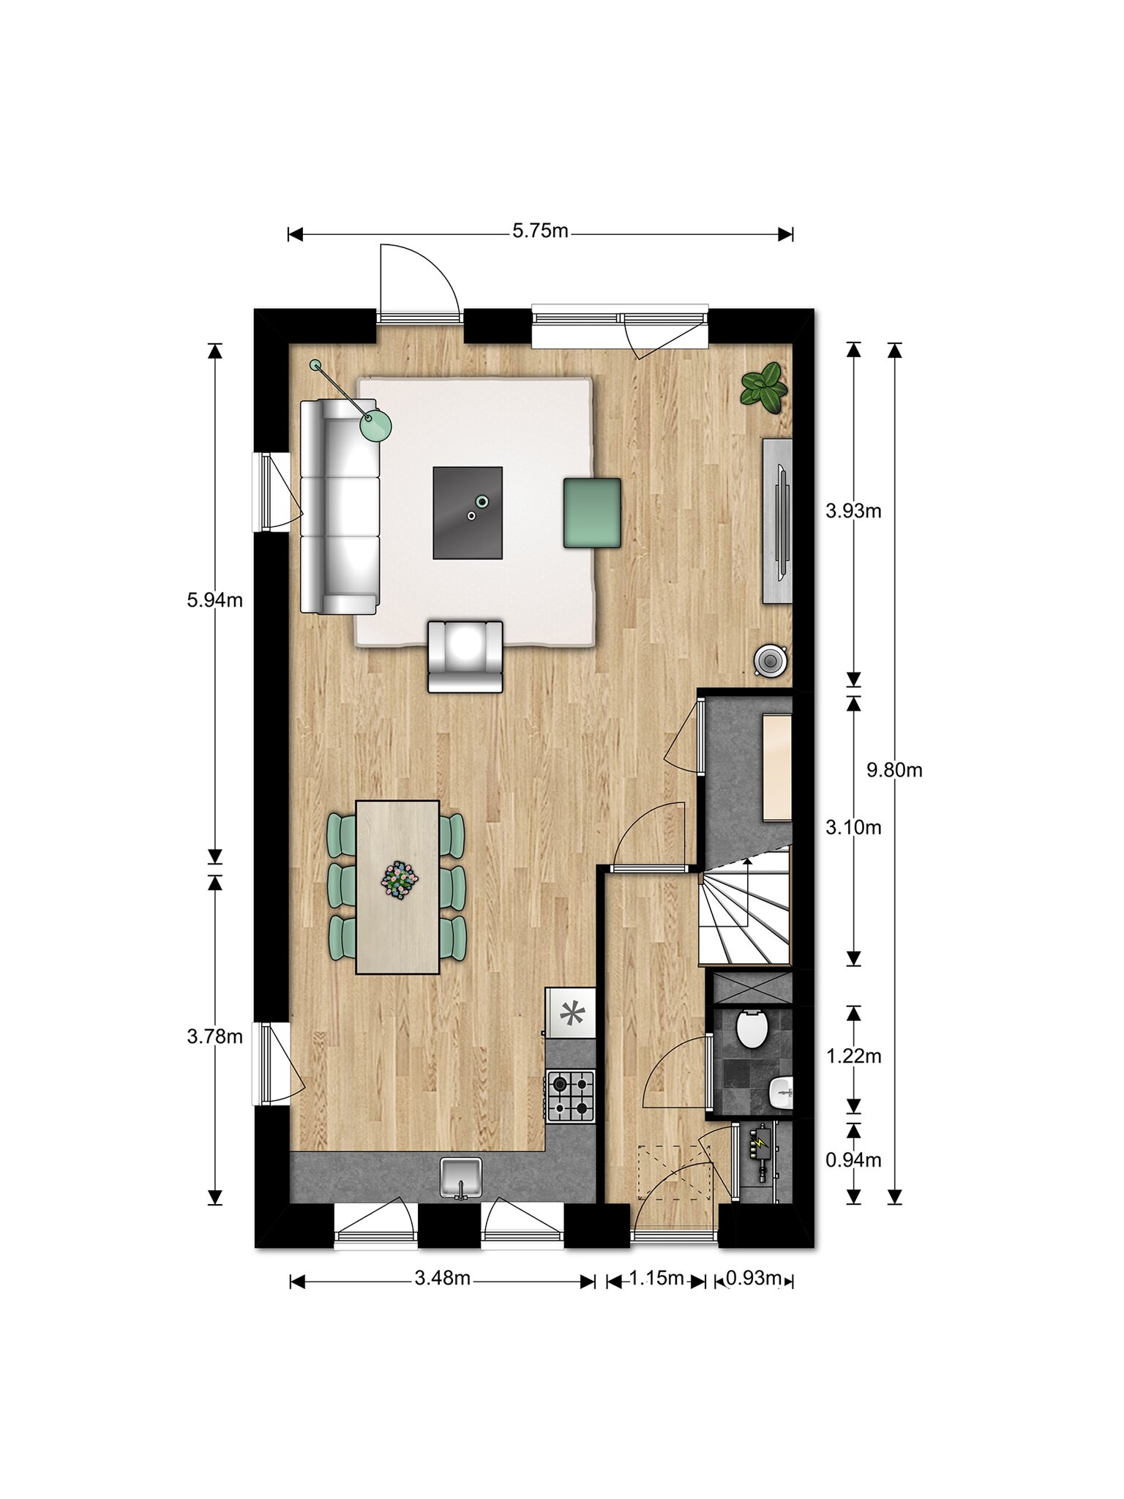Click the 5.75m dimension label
coord(540,231)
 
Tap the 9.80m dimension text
coord(894,770)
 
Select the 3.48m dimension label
coord(442,1278)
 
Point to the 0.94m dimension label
coord(853,1159)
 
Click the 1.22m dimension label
coord(853,1056)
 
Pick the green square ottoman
coord(592,513)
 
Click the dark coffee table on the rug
coord(468,513)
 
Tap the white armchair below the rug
coord(465,657)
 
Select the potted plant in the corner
coord(764,388)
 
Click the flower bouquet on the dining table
coord(400,879)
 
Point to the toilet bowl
coord(752,1028)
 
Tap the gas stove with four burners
coord(570,1096)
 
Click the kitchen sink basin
coord(461,1177)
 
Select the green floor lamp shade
coord(376,426)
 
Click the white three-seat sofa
coord(340,506)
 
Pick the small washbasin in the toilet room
coord(781,1094)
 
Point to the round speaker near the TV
coord(770,660)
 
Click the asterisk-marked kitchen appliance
coord(572,1014)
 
